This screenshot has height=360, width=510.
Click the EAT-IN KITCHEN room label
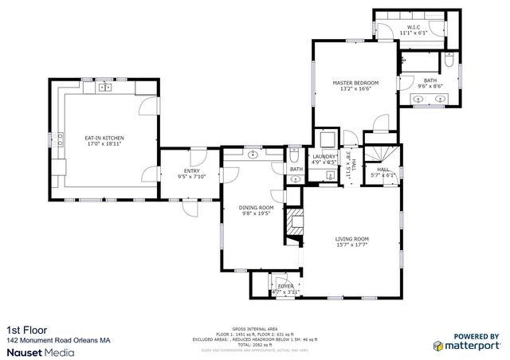click(104, 138)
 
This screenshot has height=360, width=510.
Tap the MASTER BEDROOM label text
click(355, 83)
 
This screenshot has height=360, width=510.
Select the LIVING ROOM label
click(351, 238)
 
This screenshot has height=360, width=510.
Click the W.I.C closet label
click(413, 27)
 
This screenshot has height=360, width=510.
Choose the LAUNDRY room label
click(324, 156)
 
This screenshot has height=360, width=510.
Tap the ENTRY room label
click(191, 170)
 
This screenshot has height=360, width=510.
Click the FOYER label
click(284, 285)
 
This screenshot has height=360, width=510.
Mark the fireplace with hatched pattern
click(295, 225)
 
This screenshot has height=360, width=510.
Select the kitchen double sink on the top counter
click(105, 88)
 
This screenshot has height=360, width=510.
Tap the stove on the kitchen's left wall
click(60, 141)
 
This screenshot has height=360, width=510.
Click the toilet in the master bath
click(450, 61)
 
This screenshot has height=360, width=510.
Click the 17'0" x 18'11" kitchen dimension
click(104, 144)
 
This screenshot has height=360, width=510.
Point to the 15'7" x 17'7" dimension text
click(351, 245)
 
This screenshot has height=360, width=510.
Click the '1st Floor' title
click(23, 330)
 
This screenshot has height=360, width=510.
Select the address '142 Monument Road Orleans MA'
click(58, 339)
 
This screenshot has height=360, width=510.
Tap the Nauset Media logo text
click(41, 350)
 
